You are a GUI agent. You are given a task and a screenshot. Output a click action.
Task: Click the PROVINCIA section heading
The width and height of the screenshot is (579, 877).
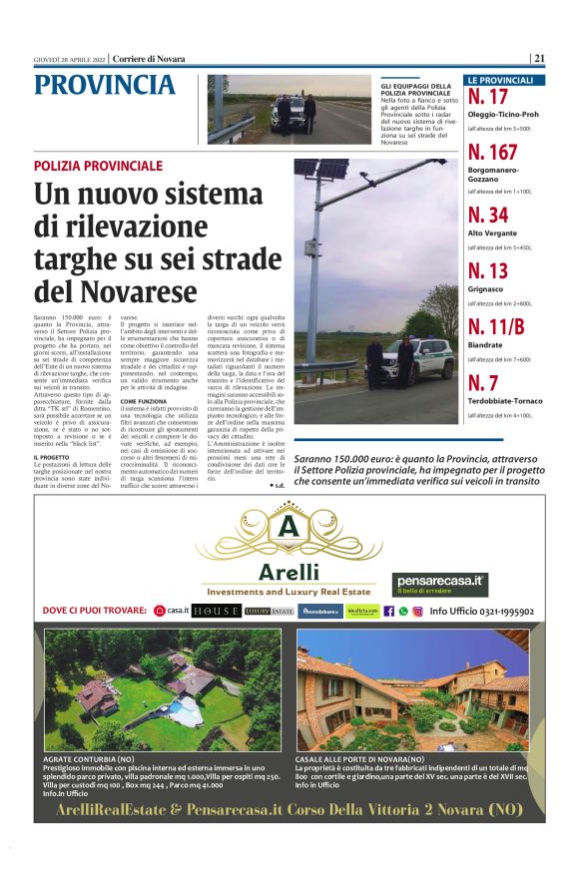[x=104, y=86]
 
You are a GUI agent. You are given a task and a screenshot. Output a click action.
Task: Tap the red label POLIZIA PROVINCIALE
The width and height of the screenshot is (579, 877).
[x=97, y=165]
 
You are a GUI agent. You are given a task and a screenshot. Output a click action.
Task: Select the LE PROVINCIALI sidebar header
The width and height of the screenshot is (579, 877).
[x=504, y=80]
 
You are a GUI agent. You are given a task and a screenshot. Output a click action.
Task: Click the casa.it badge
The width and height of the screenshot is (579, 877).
[x=173, y=610]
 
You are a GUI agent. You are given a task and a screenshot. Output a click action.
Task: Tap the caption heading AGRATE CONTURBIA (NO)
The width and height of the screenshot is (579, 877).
[x=90, y=760]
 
